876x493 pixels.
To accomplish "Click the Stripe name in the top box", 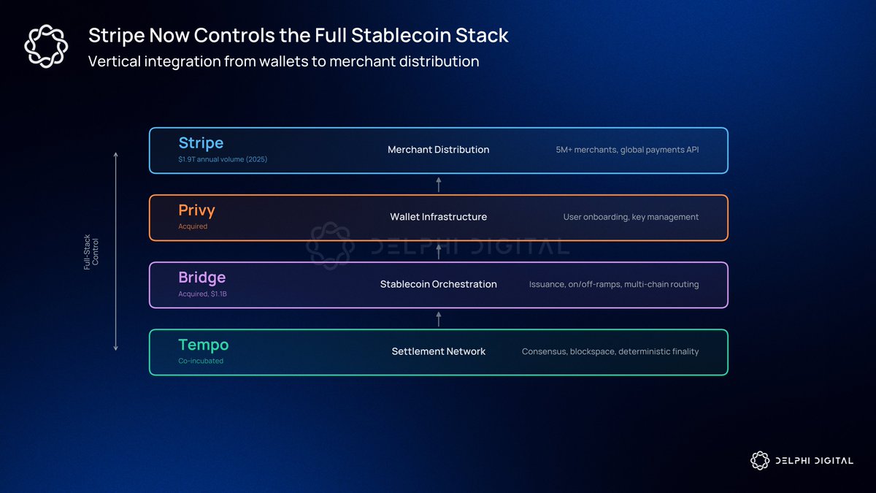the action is (x=201, y=143).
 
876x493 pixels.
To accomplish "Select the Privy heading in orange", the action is (x=196, y=210).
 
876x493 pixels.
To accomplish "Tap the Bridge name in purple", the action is (x=201, y=278).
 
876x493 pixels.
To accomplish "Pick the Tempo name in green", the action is (x=204, y=345).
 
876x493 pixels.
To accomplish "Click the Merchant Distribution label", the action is (x=439, y=150).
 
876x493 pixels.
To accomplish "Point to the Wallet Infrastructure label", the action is (x=439, y=217).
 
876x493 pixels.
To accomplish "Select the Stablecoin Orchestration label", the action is (x=439, y=284).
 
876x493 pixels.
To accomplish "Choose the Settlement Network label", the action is (x=439, y=351).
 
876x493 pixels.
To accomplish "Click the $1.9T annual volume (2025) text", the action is (x=223, y=159).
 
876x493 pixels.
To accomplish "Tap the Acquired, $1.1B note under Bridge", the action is (x=203, y=294).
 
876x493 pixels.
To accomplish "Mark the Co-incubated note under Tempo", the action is (x=201, y=361).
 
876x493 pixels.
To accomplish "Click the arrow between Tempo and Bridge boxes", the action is (x=439, y=319).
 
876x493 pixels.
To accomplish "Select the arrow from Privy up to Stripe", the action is (x=439, y=185).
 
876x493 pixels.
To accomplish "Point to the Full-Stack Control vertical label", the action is (x=91, y=252).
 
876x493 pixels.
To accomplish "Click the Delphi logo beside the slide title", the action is (x=46, y=46).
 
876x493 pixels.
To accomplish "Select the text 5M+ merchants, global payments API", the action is (x=627, y=150).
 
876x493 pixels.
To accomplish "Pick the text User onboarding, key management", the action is (x=631, y=217).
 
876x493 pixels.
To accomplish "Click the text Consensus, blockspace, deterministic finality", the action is (x=610, y=351).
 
